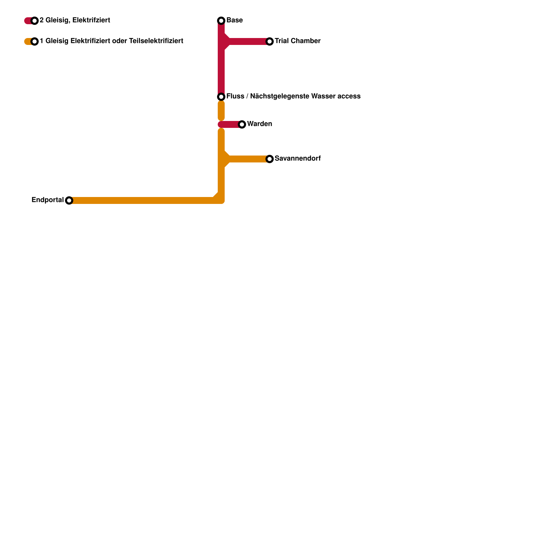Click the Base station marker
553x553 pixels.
click(x=221, y=21)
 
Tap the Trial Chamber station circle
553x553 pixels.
click(x=270, y=41)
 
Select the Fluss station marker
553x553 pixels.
click(x=221, y=97)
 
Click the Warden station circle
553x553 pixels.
click(x=242, y=124)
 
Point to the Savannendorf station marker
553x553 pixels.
click(x=270, y=159)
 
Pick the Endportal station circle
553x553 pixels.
click(x=69, y=200)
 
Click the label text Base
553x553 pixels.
click(x=234, y=20)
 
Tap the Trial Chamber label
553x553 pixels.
click(x=297, y=41)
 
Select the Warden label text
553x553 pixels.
click(x=259, y=124)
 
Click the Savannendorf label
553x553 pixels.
click(x=297, y=159)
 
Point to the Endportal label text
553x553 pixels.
click(x=47, y=200)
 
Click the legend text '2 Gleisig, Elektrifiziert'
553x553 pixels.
click(x=75, y=20)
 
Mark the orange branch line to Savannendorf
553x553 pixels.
click(x=249, y=159)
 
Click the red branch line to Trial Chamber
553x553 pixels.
click(x=249, y=41)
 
